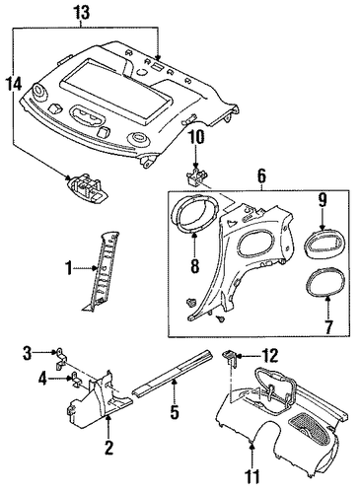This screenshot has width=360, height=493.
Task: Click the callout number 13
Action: tap(81, 13)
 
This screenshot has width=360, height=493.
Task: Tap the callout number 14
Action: tap(14, 84)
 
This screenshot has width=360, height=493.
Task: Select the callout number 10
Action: tap(196, 137)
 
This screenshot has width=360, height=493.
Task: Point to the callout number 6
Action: tap(260, 176)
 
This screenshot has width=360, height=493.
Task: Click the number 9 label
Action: tap(323, 201)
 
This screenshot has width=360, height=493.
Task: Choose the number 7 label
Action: tap(328, 326)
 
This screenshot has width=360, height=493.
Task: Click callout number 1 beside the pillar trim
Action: tap(68, 269)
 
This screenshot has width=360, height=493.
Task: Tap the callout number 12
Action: tap(270, 356)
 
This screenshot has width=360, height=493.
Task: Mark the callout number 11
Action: tap(252, 477)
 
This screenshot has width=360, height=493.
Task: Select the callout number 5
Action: tap(175, 412)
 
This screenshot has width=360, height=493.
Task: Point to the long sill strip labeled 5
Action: tap(173, 373)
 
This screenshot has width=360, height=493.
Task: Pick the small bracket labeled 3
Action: tap(61, 359)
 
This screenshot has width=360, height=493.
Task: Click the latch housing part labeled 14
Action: tap(87, 188)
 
